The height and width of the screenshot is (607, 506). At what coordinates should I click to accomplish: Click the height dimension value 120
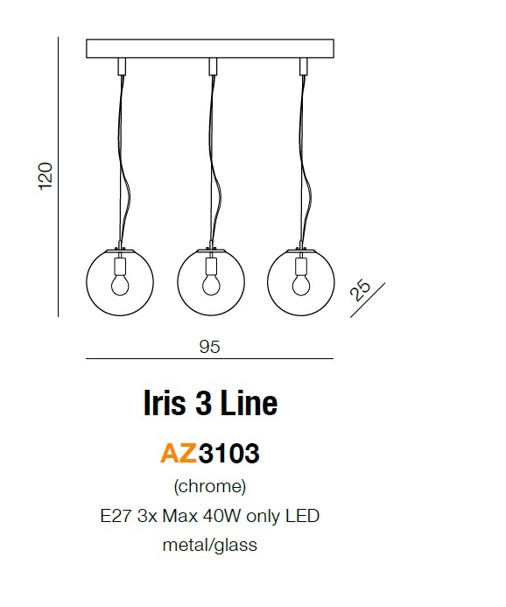pos(46,176)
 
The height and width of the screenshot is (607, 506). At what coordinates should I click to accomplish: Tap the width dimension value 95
pos(210,347)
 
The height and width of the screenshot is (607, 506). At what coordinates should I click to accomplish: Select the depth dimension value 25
pos(360,290)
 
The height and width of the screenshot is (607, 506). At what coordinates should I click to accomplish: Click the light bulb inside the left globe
pos(120,285)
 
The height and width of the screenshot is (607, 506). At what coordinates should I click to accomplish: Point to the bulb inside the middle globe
pos(211,285)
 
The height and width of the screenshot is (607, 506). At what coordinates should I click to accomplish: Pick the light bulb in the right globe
pos(301,285)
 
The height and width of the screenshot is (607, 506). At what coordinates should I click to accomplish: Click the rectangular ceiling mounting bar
pos(210,48)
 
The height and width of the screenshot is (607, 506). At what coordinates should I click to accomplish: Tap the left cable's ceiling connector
pos(122,67)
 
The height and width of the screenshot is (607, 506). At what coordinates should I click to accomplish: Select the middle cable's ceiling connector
pos(213,67)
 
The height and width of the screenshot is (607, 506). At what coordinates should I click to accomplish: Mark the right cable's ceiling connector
pos(304,67)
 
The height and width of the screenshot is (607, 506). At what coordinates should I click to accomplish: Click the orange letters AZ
pos(179,453)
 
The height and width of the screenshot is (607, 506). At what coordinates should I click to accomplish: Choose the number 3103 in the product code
pos(228,453)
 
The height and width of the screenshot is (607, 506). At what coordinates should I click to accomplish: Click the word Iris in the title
pos(165,403)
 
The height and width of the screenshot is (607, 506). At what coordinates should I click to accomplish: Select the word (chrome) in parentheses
pos(210,487)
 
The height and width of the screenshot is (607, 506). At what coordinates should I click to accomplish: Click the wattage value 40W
pos(222,516)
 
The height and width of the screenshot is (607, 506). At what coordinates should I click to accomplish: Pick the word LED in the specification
pos(303,516)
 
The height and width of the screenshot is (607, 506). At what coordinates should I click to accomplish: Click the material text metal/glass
pos(210,545)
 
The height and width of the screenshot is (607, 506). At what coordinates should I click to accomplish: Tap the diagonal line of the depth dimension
pos(368,300)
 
